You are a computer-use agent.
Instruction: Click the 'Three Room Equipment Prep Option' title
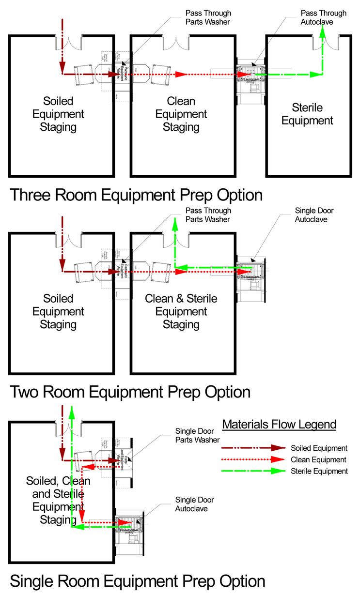point(136,195)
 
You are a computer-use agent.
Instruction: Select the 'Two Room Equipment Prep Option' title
point(130,391)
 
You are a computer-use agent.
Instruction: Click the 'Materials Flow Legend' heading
point(279,425)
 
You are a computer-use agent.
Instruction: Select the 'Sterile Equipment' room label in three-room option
point(307,114)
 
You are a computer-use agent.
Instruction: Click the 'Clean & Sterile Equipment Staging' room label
point(181,311)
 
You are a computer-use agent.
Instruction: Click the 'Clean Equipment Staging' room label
point(181,114)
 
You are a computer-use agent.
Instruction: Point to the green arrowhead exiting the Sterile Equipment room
point(323,31)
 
